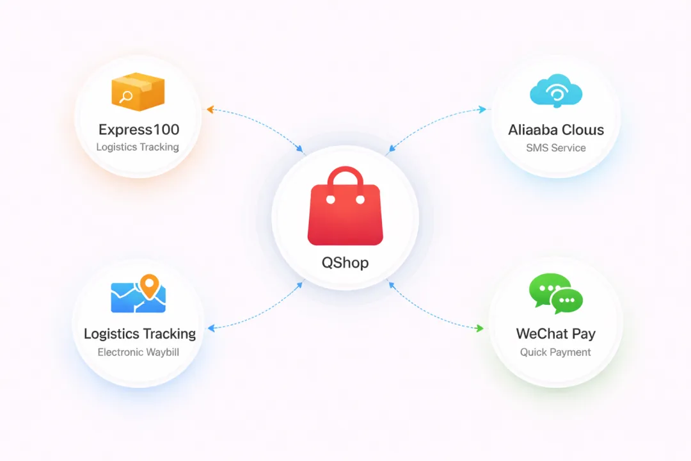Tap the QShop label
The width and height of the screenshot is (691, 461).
tap(345, 263)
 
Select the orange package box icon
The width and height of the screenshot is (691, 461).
tap(138, 93)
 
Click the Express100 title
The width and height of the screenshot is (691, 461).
tap(139, 129)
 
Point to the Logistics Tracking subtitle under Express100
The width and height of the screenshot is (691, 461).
tap(138, 147)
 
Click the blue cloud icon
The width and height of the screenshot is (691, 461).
tap(555, 90)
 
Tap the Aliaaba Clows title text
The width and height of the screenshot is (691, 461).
tap(556, 130)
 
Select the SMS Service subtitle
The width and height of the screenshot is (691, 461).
tap(556, 148)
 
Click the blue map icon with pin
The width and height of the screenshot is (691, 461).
tap(138, 296)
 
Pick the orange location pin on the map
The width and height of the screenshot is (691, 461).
tap(149, 286)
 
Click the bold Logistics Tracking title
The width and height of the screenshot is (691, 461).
tap(139, 334)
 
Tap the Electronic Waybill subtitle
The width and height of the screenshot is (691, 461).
tap(138, 352)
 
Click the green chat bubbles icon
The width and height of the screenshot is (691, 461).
tap(555, 294)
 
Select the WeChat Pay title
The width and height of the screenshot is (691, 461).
tap(555, 334)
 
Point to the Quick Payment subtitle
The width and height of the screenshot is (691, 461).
tap(555, 352)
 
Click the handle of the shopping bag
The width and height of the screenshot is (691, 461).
tap(345, 177)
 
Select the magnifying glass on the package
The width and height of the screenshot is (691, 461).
tap(127, 97)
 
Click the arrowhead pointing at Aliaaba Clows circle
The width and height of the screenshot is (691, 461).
tap(483, 109)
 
